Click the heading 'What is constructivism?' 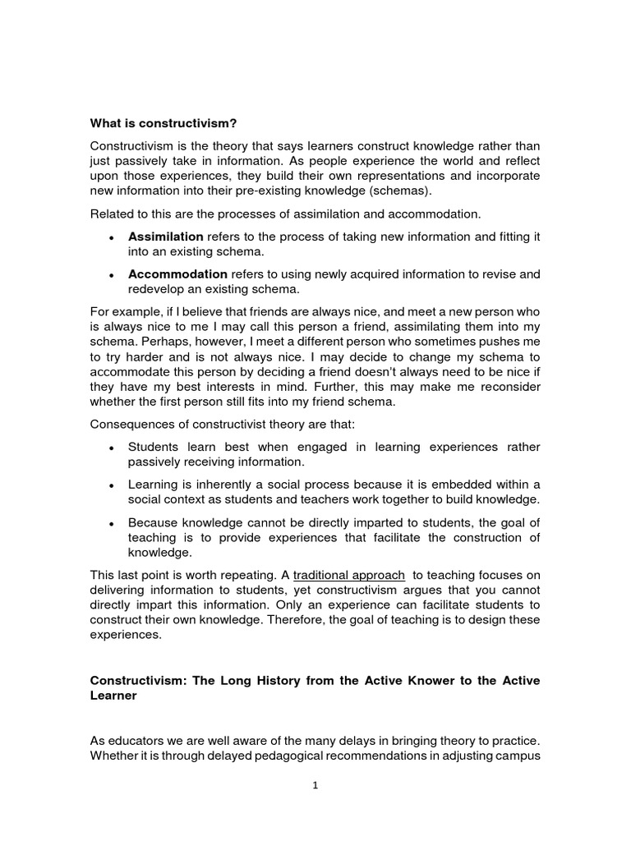click(163, 123)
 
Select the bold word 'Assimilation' click(165, 237)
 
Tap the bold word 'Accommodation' click(177, 274)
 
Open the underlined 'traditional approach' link click(349, 575)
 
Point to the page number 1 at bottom click(315, 784)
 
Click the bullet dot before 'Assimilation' click(111, 237)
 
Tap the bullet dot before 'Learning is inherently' click(111, 485)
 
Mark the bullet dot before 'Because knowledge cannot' click(111, 523)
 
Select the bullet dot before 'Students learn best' click(111, 448)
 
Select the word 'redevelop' click(156, 289)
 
